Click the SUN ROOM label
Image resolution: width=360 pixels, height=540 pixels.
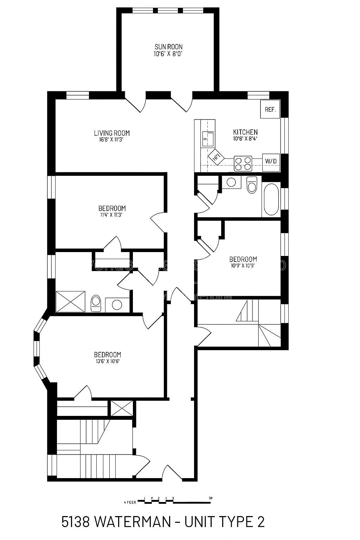tap(168, 47)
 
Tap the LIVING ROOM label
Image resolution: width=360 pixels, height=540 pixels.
tap(111, 133)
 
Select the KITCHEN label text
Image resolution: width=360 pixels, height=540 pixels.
tap(245, 132)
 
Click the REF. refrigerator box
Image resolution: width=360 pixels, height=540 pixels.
tap(270, 109)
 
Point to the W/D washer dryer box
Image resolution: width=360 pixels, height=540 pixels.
tap(271, 161)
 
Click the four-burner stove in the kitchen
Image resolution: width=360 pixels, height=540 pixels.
tap(243, 163)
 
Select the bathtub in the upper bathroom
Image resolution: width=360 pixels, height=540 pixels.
tap(271, 199)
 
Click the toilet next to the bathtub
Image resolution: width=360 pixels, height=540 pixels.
tap(252, 185)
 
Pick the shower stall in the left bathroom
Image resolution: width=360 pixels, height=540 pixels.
tap(71, 301)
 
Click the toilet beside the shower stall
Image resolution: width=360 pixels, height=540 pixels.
tap(96, 303)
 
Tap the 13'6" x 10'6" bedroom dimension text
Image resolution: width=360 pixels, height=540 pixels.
tap(107, 361)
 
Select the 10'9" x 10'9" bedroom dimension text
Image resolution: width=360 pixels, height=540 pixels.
tap(243, 266)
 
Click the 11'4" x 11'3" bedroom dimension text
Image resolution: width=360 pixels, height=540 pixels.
tap(112, 215)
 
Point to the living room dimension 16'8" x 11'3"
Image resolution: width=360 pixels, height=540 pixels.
tap(111, 139)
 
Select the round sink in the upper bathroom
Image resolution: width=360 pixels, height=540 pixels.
tap(231, 182)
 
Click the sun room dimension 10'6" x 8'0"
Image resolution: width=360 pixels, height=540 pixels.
tap(168, 54)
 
